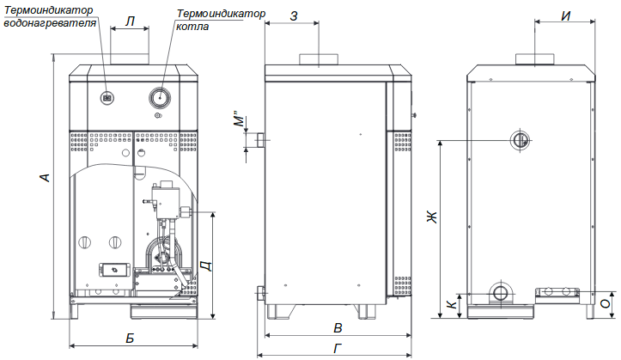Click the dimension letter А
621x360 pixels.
46,178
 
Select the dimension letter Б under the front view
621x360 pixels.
130,338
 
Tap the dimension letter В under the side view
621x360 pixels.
338,328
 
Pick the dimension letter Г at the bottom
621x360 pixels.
338,349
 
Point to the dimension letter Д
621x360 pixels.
207,265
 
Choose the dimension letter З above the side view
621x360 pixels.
294,15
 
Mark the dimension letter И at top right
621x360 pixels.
566,15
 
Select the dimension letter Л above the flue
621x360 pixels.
130,21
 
